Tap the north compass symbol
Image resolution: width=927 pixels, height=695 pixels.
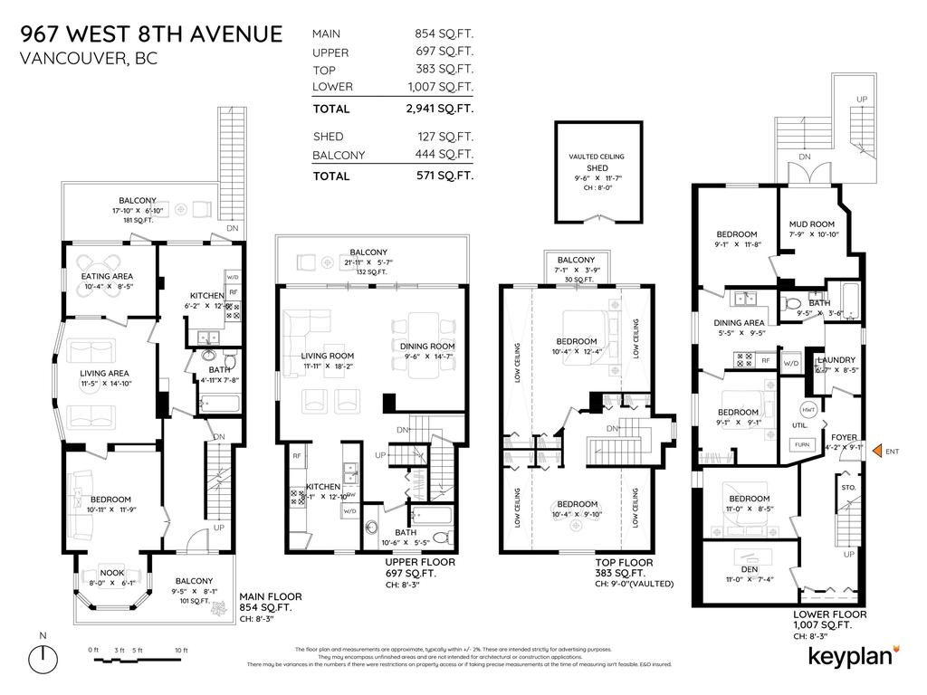pyautogui.click(x=43, y=659)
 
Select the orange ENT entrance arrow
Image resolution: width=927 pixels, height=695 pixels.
pyautogui.click(x=875, y=451)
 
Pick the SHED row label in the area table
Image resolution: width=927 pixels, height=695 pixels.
pyautogui.click(x=329, y=137)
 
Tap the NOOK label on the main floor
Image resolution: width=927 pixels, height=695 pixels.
pyautogui.click(x=111, y=573)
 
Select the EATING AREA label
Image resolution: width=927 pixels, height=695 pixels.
pyautogui.click(x=109, y=276)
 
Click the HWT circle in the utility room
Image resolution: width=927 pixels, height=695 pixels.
pyautogui.click(x=808, y=410)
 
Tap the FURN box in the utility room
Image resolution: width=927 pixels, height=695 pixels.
pyautogui.click(x=802, y=444)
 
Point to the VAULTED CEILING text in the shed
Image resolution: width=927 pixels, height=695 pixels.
pyautogui.click(x=597, y=157)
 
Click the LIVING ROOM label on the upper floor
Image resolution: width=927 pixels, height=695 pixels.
pyautogui.click(x=328, y=356)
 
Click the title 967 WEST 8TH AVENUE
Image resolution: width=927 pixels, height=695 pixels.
pyautogui.click(x=152, y=34)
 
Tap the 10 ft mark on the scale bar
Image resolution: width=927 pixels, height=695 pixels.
pyautogui.click(x=181, y=650)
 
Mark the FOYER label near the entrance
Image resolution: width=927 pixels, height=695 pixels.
pyautogui.click(x=843, y=437)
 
